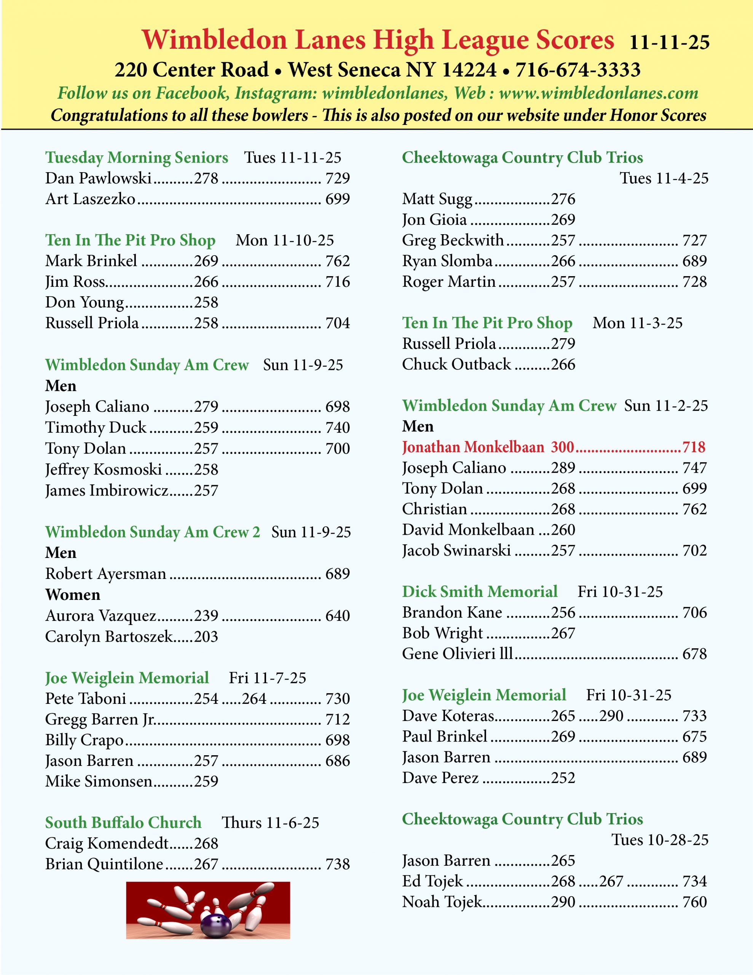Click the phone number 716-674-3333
pyautogui.click(x=578, y=70)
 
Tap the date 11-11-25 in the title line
pyautogui.click(x=669, y=42)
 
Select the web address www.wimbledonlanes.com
pyautogui.click(x=598, y=93)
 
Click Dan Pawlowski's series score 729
pyautogui.click(x=337, y=178)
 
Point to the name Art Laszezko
pyautogui.click(x=90, y=199)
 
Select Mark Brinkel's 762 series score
pyautogui.click(x=337, y=261)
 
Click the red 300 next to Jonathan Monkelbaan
pyautogui.click(x=562, y=447)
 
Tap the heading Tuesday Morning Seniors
pyautogui.click(x=137, y=158)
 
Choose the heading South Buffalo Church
pyautogui.click(x=123, y=822)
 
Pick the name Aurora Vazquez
pyautogui.click(x=101, y=615)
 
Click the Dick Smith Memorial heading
pyautogui.click(x=479, y=591)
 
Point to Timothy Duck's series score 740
pyautogui.click(x=337, y=428)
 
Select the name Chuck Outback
pyautogui.click(x=456, y=364)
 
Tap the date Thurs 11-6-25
pyautogui.click(x=271, y=823)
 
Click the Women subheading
pyautogui.click(x=73, y=595)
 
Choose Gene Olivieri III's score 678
pyautogui.click(x=694, y=654)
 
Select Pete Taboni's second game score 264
pyautogui.click(x=254, y=698)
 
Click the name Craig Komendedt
pyautogui.click(x=107, y=843)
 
